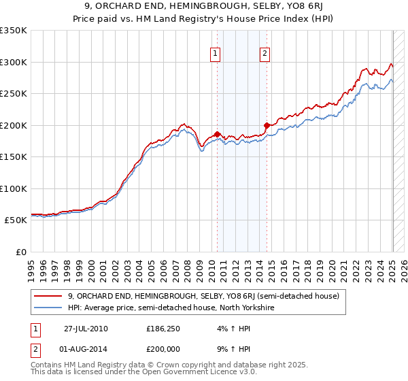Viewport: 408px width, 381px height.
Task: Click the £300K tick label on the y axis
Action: [x=14, y=62]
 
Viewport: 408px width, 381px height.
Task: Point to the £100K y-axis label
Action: [x=14, y=188]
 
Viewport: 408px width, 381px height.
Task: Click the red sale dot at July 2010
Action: [x=217, y=134]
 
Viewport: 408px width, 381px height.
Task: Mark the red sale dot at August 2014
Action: [x=267, y=125]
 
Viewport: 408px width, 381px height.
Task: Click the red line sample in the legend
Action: [x=48, y=296]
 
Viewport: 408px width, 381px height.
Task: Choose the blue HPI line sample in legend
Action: [x=48, y=308]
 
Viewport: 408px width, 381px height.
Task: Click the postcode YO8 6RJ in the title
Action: [x=290, y=8]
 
